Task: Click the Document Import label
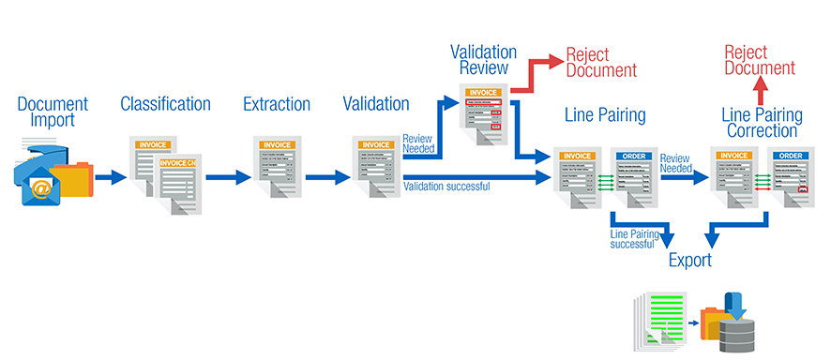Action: point(53,112)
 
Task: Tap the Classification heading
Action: point(164,104)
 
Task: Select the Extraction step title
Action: point(277,104)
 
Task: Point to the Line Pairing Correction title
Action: point(763,123)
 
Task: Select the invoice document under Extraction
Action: point(277,168)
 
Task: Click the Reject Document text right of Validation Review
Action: point(601,62)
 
